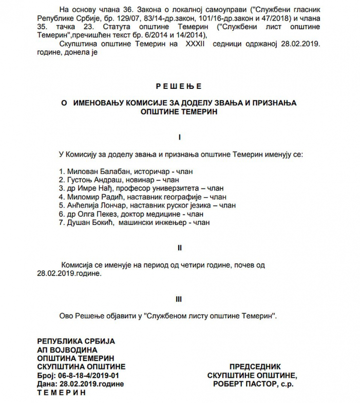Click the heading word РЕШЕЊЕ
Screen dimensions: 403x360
[x=179, y=87]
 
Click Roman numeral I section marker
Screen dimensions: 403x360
[x=179, y=137]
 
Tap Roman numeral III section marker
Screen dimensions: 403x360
[x=179, y=299]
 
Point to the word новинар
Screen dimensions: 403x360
[x=141, y=179]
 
